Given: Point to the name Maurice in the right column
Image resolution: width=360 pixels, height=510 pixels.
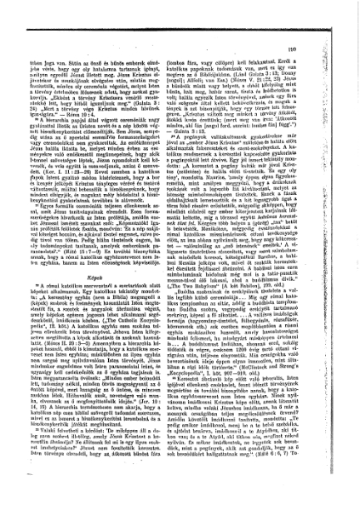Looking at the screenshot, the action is pyautogui.click(x=248, y=216).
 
